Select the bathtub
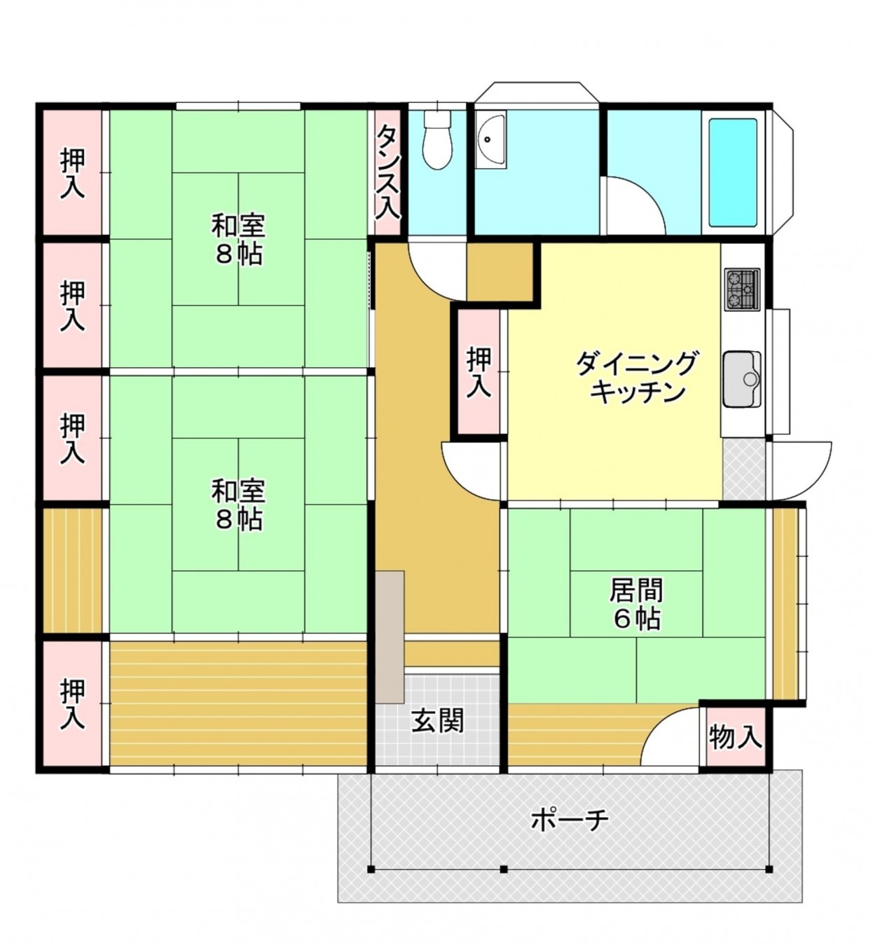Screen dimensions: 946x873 [x=733, y=172]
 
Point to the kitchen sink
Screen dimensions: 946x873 [x=742, y=379]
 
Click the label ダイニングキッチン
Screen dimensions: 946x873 [x=637, y=378]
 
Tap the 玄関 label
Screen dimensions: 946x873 [x=437, y=720]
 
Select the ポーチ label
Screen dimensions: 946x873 [x=569, y=819]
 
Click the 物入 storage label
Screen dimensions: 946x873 [x=735, y=736]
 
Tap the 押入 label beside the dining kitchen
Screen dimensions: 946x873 [x=479, y=372]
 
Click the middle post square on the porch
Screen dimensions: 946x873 [x=504, y=870]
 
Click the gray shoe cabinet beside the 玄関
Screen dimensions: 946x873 [x=390, y=636]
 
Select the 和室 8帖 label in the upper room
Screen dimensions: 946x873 [x=238, y=240]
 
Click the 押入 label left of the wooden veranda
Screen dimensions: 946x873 [x=73, y=704]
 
